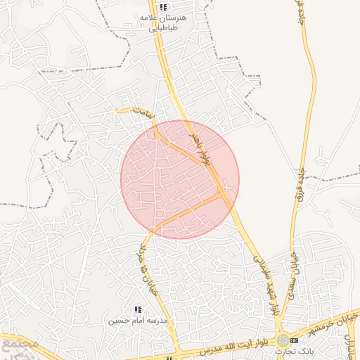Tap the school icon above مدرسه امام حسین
click(139, 309)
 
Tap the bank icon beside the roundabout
click(293, 340)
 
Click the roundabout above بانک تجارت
click(282, 340)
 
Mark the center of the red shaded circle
click(180, 179)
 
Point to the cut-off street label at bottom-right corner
click(349, 342)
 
